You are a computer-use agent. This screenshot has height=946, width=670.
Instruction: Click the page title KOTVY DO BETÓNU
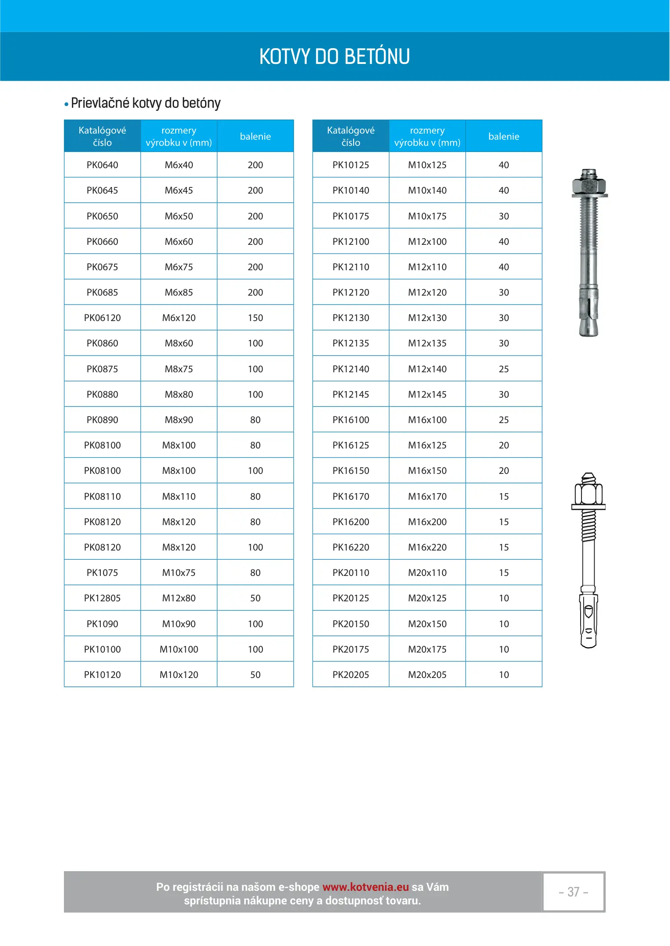coord(334,57)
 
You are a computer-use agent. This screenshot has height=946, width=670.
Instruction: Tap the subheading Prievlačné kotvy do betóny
coord(145,103)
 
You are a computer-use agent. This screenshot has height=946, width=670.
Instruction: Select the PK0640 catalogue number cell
coord(102,165)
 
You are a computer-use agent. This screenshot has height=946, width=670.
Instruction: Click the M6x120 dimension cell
coord(179,318)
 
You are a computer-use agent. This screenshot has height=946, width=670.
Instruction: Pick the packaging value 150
coord(255,318)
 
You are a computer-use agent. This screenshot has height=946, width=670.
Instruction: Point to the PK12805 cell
coord(102,598)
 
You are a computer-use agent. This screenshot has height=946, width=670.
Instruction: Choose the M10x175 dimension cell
coord(427,216)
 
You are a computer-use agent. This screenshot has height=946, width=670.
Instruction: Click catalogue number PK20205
coord(351,675)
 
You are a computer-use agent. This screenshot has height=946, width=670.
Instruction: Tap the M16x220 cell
coord(427,547)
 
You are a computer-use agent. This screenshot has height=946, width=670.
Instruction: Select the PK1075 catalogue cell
coord(102,573)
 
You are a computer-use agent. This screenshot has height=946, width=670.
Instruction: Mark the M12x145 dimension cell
coord(427,395)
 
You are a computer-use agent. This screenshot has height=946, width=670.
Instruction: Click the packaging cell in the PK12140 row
coord(503,369)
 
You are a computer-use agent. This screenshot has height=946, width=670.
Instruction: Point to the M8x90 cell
coord(179,420)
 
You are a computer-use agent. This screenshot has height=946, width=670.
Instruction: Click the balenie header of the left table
coord(255,137)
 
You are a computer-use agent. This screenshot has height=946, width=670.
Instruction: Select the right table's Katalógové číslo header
coord(351,137)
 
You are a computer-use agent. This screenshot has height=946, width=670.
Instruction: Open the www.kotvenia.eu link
coord(365,887)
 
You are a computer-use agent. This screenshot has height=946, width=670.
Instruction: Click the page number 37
coord(573,892)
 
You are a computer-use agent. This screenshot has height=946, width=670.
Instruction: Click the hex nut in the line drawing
coord(588,494)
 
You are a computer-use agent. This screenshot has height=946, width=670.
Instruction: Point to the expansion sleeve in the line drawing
coord(588,620)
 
